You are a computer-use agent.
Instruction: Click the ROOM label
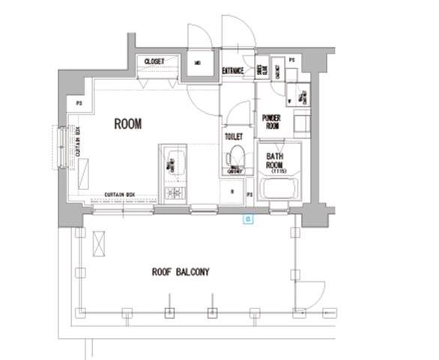127,124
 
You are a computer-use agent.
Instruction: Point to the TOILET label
233,137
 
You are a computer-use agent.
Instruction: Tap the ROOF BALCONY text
180,272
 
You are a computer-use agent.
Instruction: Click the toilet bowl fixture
237,157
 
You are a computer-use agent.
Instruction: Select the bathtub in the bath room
279,189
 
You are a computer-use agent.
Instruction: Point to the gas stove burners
174,195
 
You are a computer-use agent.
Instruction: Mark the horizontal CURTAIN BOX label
120,195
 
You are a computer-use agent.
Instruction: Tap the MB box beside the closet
197,63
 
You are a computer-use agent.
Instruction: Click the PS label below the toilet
249,194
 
